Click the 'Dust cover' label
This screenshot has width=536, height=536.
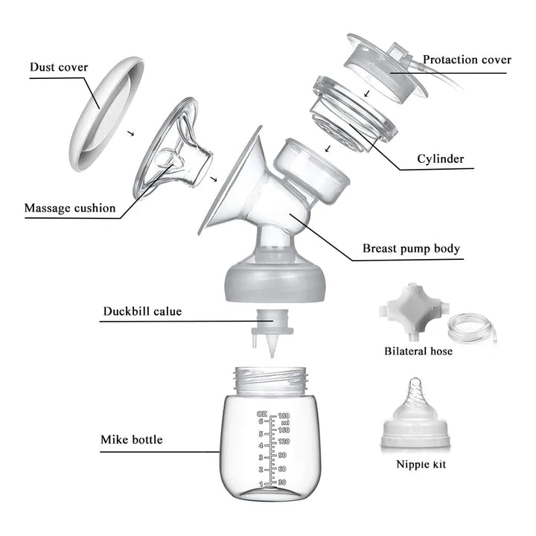[x=59, y=67]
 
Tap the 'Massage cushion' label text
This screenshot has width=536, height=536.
[x=70, y=208]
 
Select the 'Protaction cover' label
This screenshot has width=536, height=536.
[x=467, y=60]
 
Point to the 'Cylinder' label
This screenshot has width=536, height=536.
[x=440, y=159]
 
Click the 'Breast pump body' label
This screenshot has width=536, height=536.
[x=411, y=248]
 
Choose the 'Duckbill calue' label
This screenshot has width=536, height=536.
[x=142, y=311]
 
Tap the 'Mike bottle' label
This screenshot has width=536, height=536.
[x=132, y=440]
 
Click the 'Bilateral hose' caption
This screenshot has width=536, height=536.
[x=418, y=351]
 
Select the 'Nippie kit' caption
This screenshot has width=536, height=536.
[x=421, y=465]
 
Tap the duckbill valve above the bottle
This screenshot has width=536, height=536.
[x=272, y=332]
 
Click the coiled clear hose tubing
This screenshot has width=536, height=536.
[x=473, y=328]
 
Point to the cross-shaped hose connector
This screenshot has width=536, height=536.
[x=413, y=309]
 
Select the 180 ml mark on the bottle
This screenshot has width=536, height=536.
[x=284, y=415]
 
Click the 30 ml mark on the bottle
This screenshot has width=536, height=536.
[x=282, y=482]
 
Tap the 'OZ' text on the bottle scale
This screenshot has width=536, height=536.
[x=262, y=415]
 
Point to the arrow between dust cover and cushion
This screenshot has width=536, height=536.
[x=130, y=133]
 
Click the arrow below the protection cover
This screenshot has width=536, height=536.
[x=367, y=93]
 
